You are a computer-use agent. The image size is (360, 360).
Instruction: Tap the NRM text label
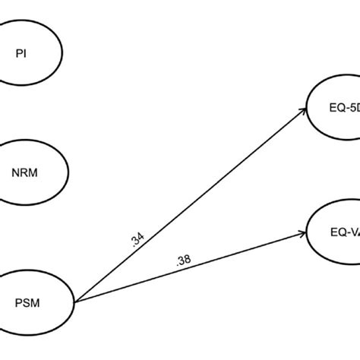click(x=25, y=172)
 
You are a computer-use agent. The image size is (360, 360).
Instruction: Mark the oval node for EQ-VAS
click(x=334, y=243)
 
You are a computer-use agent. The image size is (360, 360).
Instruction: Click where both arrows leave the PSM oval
click(x=77, y=299)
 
